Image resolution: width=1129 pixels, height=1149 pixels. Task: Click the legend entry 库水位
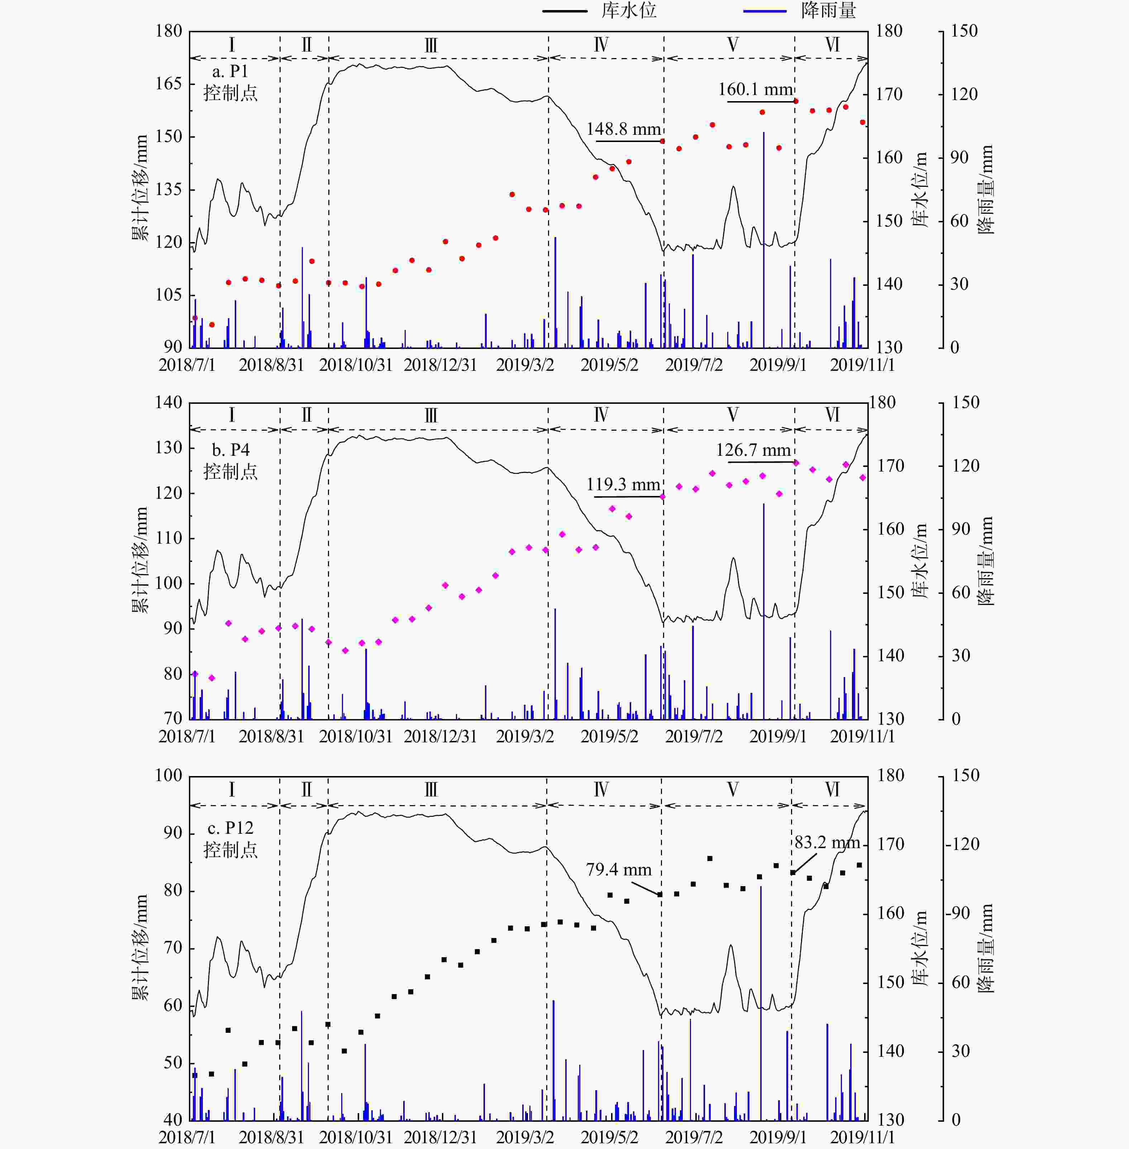(629, 11)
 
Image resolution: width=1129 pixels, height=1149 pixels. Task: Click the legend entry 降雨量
(828, 11)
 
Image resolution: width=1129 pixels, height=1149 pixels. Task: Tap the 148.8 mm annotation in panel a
(623, 129)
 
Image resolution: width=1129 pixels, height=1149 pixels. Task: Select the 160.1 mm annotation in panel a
(756, 90)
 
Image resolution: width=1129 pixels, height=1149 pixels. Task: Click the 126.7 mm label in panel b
(753, 450)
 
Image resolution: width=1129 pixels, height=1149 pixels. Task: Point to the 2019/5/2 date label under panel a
(609, 365)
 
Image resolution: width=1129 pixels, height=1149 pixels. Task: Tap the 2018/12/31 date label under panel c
(440, 1137)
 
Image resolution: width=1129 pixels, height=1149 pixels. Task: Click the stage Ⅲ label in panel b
(431, 415)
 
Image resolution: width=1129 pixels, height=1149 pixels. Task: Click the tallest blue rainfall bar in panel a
(764, 237)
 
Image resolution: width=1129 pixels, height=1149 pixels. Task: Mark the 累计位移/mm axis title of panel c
(140, 947)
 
